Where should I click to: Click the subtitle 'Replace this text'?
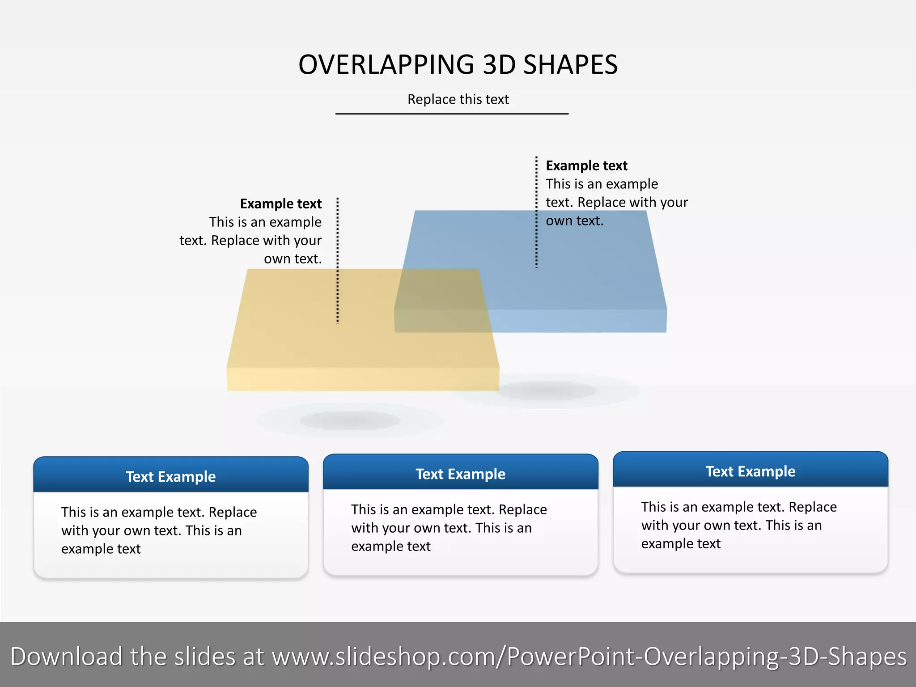[458, 99]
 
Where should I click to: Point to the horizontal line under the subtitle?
[452, 114]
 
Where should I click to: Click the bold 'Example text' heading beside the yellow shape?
[280, 204]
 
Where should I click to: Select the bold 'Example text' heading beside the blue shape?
[586, 166]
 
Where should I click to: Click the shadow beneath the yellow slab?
[350, 420]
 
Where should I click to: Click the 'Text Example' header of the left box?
[171, 477]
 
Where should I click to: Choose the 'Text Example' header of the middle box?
[460, 474]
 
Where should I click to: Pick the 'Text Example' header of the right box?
[750, 471]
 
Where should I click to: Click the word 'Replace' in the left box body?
[233, 512]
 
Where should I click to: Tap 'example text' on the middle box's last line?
[390, 547]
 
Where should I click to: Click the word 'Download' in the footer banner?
[66, 657]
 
